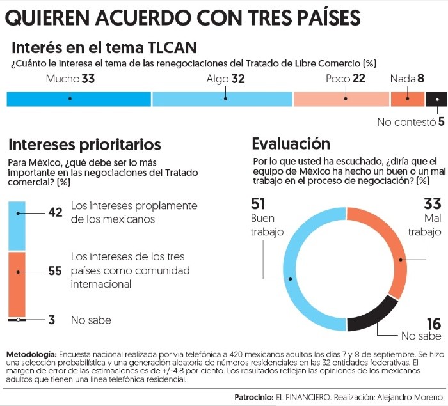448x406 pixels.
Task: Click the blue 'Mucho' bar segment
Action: pos(78,99)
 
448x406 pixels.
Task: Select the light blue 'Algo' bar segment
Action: pos(221,99)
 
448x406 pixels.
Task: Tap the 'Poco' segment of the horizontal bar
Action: pos(340,99)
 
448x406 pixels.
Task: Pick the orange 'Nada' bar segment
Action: pos(407,99)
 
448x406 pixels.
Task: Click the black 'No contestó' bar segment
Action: pos(436,99)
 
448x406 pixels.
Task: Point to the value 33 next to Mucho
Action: pos(88,79)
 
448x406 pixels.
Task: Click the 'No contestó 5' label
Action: pos(410,122)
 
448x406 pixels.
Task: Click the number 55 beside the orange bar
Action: pos(56,271)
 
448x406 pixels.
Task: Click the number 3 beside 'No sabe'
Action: pos(52,320)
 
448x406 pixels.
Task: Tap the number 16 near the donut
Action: pos(434,324)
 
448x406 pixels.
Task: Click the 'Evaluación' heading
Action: pos(291,144)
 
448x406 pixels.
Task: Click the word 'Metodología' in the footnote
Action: pos(31,355)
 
